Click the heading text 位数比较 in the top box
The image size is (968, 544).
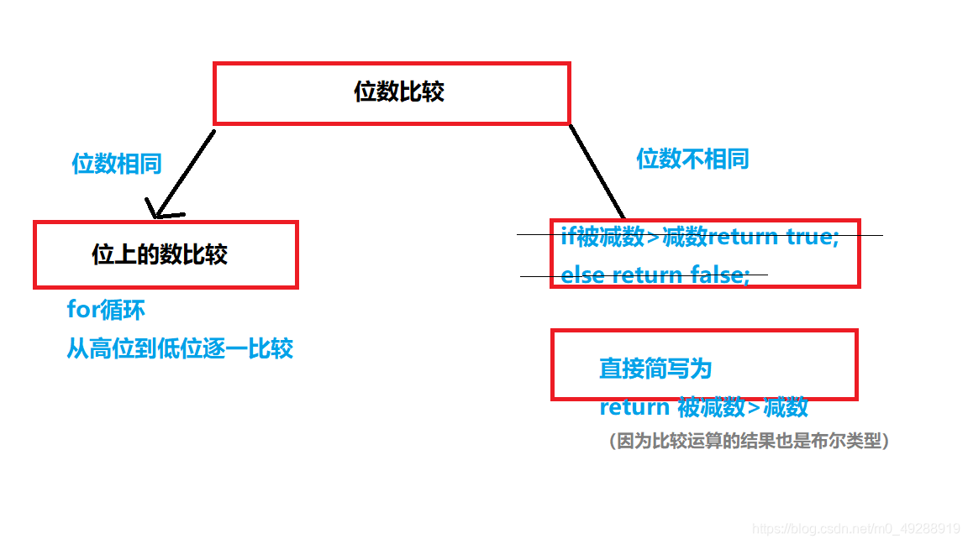coord(398,92)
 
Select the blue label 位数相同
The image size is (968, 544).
coord(116,163)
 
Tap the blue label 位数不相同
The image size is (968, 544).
coord(692,158)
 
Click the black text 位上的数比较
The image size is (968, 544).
coord(160,254)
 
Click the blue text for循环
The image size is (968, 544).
coord(106,309)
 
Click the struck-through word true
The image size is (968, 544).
coord(812,236)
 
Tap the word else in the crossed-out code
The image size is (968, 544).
coord(583,275)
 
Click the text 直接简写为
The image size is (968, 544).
coord(655,368)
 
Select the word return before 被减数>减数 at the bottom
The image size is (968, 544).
coord(634,407)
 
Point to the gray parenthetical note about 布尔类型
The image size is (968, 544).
coord(749,440)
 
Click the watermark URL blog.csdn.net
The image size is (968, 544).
coord(856,528)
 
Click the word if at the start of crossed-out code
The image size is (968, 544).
coord(569,236)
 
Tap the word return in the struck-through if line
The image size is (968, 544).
coord(744,236)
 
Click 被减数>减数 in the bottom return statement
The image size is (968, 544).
coord(743,407)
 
